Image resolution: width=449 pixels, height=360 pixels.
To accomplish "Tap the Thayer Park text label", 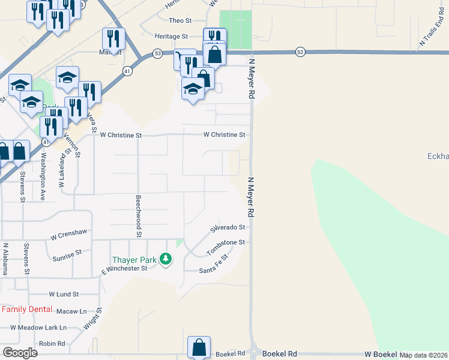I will pos(134,260).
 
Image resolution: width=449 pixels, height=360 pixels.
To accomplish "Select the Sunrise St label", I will pos(67,255).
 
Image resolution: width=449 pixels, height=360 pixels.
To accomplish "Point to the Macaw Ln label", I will pos(71,311).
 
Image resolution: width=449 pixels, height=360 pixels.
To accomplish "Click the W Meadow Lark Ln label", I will pos(38,328).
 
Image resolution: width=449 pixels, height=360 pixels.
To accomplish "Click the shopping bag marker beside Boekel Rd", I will pos(199,347).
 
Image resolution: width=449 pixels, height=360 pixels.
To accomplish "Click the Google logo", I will pos(20,353).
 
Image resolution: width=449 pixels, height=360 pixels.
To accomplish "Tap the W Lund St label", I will pos(64,295).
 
